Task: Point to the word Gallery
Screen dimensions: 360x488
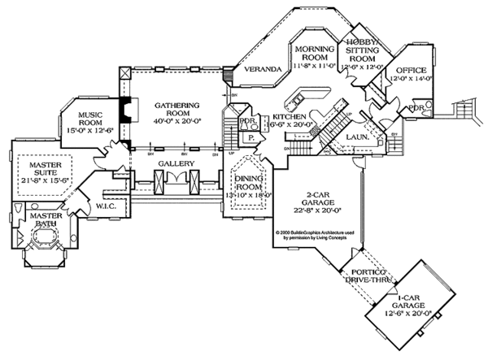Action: tap(176, 163)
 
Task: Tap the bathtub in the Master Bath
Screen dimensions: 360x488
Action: tap(41, 241)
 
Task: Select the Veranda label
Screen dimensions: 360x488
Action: tap(263, 68)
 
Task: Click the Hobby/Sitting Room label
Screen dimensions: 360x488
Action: tap(364, 50)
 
